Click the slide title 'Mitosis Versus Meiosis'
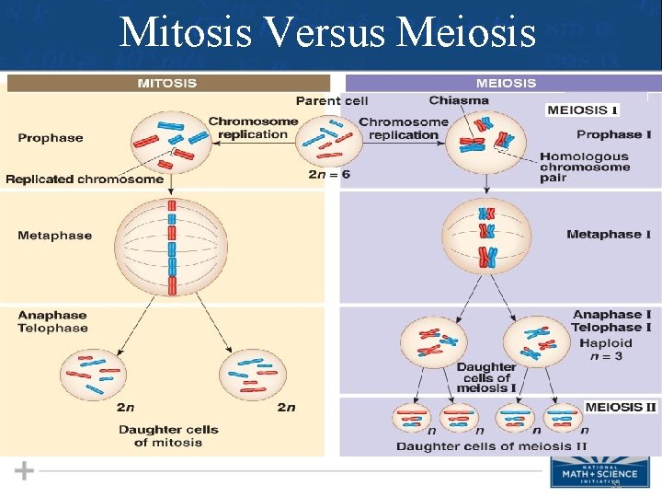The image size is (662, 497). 328,33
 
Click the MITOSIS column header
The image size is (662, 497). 166,83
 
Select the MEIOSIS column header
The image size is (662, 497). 505,83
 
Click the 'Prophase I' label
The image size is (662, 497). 614,134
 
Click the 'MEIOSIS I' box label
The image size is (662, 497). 582,110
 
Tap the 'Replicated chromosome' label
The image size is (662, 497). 85,179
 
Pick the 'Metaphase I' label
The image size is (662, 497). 609,235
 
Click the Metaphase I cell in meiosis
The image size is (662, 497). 486,236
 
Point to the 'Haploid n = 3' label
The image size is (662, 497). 607,350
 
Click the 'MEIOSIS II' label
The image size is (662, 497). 621,406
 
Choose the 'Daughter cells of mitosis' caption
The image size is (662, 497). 169,436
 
